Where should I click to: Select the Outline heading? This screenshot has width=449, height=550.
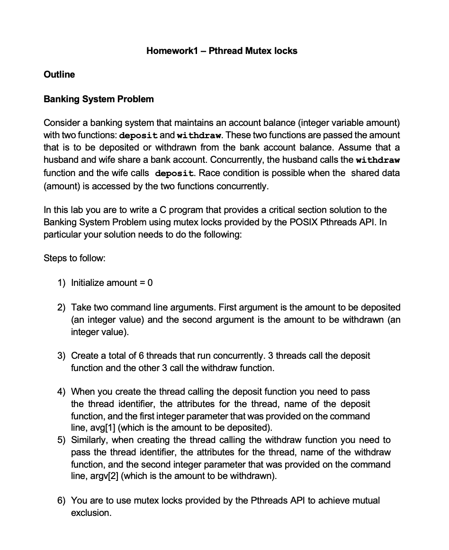59,74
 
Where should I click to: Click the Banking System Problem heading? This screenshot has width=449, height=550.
99,99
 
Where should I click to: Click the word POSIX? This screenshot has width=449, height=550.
287,222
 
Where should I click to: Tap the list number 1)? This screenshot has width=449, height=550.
62,283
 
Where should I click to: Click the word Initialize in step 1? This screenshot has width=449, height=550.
88,283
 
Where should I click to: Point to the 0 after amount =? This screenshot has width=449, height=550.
150,283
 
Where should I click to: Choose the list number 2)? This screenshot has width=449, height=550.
62,308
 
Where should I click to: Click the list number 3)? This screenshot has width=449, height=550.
62,355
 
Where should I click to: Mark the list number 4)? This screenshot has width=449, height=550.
62,392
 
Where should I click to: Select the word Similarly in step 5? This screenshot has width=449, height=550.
89,440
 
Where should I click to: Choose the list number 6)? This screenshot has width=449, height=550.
62,501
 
